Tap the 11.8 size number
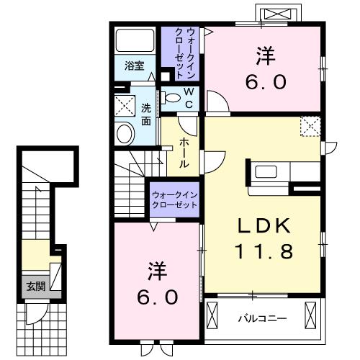point(264,252)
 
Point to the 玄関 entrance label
point(35,286)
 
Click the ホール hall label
point(184,152)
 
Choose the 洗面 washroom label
point(146,115)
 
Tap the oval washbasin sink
point(125,133)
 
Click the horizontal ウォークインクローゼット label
point(174,199)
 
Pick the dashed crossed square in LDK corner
point(312,126)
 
